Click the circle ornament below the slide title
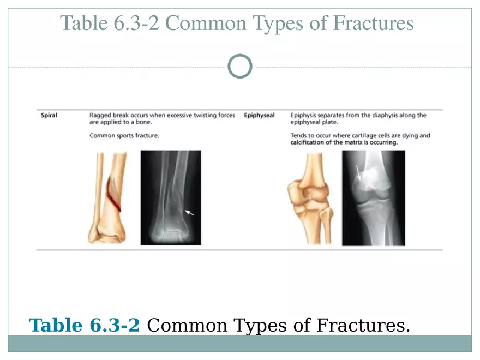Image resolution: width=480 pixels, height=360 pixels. tap(240, 55)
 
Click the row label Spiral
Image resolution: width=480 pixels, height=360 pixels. tap(49, 116)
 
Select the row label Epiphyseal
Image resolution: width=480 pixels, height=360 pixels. tap(259, 116)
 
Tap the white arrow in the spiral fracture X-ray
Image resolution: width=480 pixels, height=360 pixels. tap(189, 212)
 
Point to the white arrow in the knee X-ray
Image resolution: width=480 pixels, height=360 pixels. tap(358, 173)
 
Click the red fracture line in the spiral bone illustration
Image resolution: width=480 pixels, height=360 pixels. tap(113, 197)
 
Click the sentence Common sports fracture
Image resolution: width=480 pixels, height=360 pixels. tap(124, 136)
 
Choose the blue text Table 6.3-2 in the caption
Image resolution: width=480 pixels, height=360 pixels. tap(84, 325)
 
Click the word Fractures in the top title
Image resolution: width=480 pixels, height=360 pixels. tap(373, 23)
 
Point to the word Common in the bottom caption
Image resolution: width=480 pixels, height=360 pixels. tap(187, 325)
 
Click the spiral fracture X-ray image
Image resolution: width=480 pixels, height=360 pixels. tap(171, 197)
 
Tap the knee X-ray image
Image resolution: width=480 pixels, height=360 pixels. tap(374, 198)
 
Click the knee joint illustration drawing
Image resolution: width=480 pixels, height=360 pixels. tap(310, 199)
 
